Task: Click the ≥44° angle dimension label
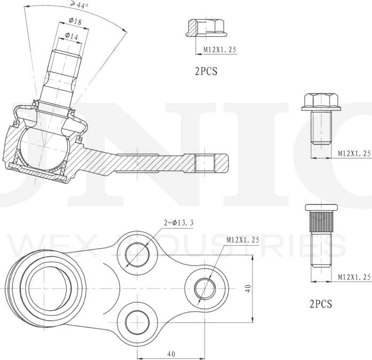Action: coord(79,4)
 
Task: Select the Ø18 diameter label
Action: coord(75,21)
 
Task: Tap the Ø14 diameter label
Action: coord(72,36)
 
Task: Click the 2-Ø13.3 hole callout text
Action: coord(179,223)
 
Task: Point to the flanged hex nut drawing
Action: coord(207,28)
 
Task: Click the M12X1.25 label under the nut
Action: coord(220,49)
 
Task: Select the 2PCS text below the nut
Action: coord(206,71)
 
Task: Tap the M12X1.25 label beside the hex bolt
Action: coord(354,153)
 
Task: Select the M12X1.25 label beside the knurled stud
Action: coord(354,277)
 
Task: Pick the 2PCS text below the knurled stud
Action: coord(321,304)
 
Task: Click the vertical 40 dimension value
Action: coord(248,288)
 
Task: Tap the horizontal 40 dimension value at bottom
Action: coord(171,354)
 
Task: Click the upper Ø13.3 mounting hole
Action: coord(137,255)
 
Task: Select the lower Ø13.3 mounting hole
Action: coord(137,322)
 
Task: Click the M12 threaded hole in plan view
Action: coord(205,288)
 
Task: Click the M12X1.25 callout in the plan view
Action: coord(243,240)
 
